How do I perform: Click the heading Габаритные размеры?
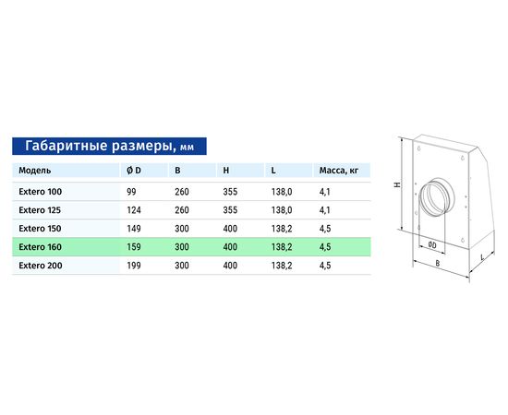pos(98,146)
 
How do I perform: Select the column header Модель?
pos(35,171)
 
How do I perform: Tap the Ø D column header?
pos(134,171)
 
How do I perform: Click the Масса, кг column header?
pos(339,171)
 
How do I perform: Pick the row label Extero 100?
pos(40,192)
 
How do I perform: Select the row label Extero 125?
pos(40,210)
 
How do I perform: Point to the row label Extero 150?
pos(40,229)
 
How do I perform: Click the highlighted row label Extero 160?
pos(40,247)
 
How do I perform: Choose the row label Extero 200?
pos(40,266)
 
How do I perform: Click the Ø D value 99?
pos(131,192)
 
